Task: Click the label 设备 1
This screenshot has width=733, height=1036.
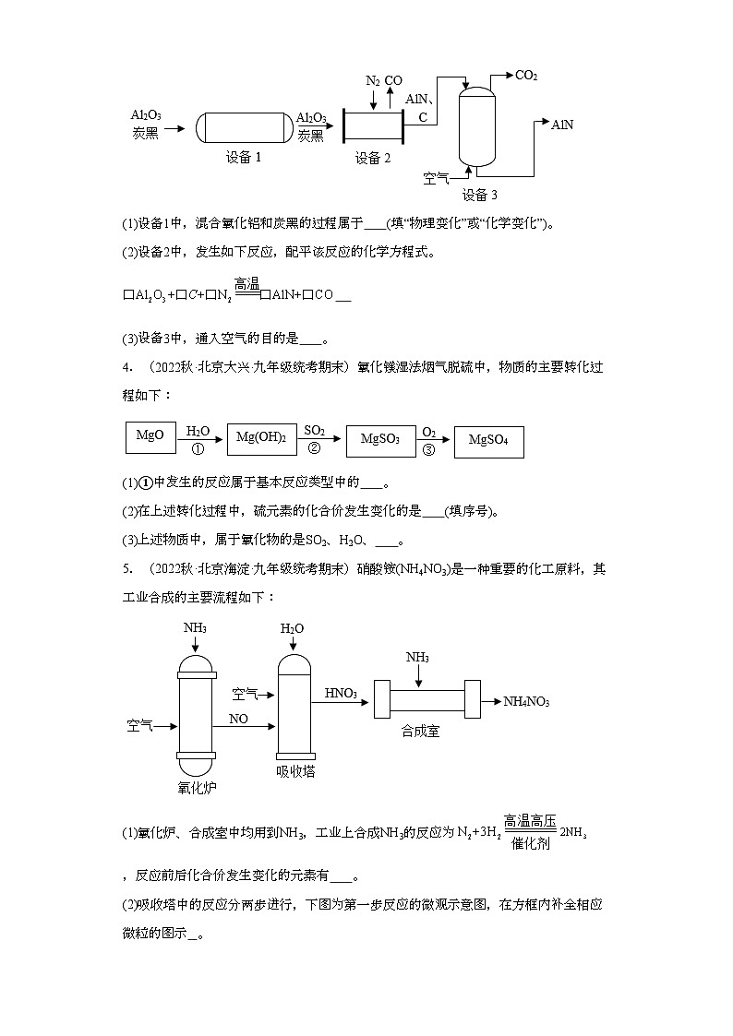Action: pos(244,157)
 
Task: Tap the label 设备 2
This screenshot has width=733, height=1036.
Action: pos(373,158)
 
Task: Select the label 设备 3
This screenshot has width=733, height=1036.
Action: pos(479,195)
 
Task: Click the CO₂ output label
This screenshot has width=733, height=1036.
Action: pos(526,76)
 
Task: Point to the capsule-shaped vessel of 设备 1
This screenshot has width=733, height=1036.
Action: pos(244,125)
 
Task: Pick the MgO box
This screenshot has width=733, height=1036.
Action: pos(150,435)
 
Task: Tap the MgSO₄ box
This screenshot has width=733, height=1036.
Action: pos(489,441)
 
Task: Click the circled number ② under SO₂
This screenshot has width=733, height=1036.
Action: pos(313,448)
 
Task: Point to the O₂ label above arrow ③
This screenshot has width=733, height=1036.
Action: pos(428,431)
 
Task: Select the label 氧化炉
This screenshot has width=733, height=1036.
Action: pos(196,787)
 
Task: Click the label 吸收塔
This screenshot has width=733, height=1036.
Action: pos(295,771)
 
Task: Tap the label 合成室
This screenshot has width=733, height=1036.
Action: pos(420,731)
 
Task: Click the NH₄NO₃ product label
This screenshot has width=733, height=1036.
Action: pos(526,702)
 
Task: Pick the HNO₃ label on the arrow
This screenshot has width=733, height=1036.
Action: pos(341,693)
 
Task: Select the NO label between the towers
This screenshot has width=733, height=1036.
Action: pos(238,717)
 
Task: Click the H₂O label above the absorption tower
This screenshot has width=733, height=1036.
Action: pos(292,628)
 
